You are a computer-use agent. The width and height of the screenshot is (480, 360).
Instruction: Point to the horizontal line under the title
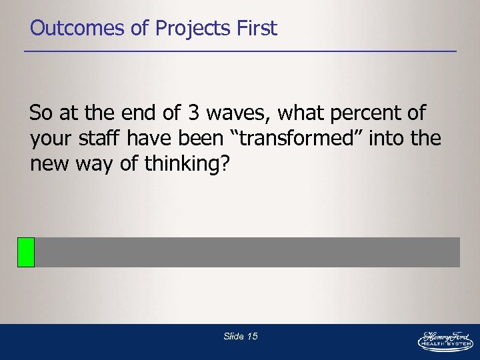[x=240, y=51]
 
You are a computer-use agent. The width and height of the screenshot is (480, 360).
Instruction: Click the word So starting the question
[x=41, y=113]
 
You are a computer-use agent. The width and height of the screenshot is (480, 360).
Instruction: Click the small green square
[x=26, y=252]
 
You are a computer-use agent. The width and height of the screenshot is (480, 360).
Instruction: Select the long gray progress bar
[x=247, y=252]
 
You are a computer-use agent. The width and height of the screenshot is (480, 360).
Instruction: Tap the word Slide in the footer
[x=233, y=337]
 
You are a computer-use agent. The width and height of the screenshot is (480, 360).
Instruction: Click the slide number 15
[x=252, y=337]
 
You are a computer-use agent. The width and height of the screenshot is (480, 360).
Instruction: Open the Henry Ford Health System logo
[x=445, y=340]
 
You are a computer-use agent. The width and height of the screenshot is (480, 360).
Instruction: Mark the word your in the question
[x=52, y=139]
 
